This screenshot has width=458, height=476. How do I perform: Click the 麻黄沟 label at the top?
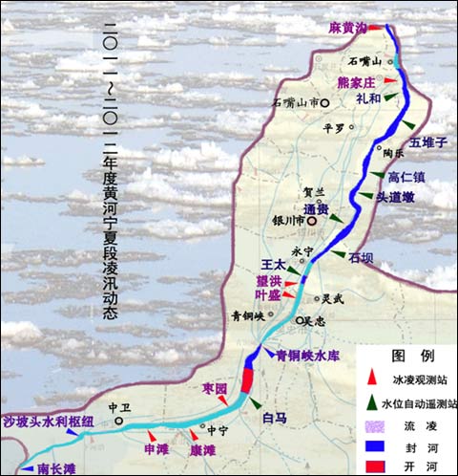tap(347, 29)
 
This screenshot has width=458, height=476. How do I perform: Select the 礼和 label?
tap(369, 98)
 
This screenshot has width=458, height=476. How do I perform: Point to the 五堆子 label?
tap(428, 141)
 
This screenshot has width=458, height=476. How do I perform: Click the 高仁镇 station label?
tap(406, 176)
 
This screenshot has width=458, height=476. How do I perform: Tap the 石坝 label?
tap(361, 257)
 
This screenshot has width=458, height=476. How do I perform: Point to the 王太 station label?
tap(274, 263)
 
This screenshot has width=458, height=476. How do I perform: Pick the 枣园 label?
tap(215, 388)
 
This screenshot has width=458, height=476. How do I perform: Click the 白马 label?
tap(274, 418)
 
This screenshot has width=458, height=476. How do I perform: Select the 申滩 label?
tap(156, 448)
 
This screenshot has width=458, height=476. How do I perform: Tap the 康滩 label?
tap(202, 449)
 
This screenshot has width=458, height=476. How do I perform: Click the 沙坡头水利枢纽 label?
tap(48, 422)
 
